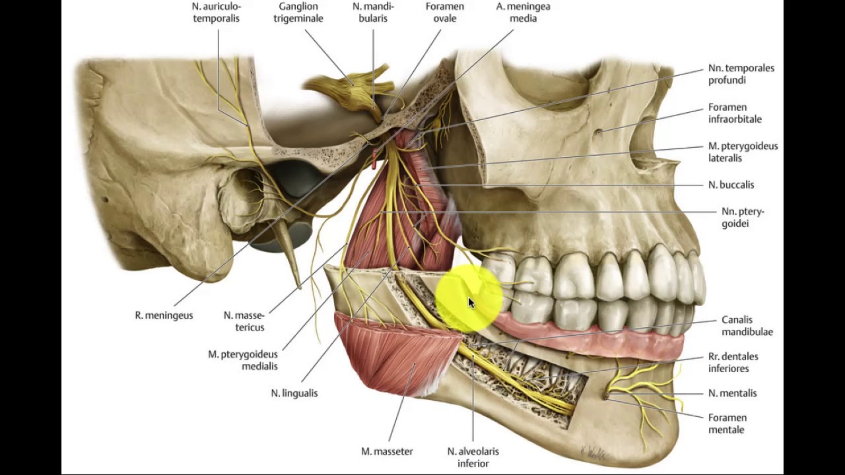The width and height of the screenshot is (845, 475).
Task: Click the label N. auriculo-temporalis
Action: click(x=216, y=13)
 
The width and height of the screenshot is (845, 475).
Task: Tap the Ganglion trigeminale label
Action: click(x=300, y=13)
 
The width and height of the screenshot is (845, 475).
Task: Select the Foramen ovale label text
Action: click(x=445, y=13)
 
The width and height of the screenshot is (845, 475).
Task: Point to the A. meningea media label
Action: click(x=523, y=13)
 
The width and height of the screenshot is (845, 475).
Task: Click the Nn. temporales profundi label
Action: click(x=741, y=74)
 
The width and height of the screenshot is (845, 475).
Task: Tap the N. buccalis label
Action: click(x=731, y=185)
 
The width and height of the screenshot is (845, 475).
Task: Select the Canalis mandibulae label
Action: click(x=747, y=326)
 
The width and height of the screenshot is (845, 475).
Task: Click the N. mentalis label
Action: click(x=732, y=393)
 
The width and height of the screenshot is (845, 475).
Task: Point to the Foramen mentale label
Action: click(x=727, y=424)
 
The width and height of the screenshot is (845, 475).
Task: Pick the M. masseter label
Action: click(x=387, y=452)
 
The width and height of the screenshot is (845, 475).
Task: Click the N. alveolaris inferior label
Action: click(x=473, y=457)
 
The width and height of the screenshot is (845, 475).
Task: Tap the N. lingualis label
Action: click(x=294, y=393)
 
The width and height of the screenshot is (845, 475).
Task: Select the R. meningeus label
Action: click(x=164, y=315)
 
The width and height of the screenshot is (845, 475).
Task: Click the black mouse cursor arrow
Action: click(x=471, y=303)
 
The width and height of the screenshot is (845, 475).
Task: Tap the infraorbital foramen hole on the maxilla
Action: click(x=598, y=132)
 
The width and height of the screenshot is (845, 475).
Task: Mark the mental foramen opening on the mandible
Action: click(x=606, y=396)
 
